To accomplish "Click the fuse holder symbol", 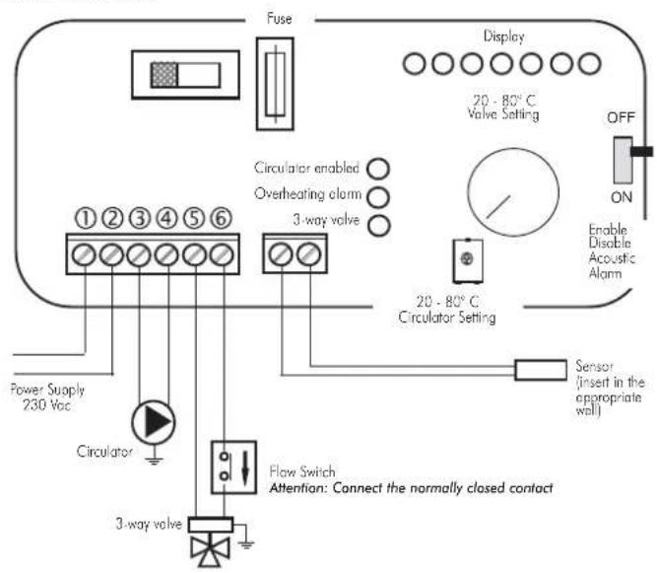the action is (275, 84).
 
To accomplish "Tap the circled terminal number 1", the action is (86, 219).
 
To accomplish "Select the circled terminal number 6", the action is (221, 218).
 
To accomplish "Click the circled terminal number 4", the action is (166, 219).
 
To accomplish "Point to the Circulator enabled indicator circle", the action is (378, 169).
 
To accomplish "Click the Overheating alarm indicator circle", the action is (378, 196).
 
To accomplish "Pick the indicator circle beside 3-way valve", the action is (379, 225).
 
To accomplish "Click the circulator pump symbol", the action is (154, 422).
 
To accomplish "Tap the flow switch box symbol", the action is (233, 466).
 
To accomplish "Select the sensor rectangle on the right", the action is (541, 370).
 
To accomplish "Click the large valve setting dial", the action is (513, 192).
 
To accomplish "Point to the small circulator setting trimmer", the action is (468, 260).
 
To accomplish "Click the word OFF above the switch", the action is (621, 117).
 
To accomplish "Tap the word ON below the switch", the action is (622, 197).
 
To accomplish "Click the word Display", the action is (503, 36).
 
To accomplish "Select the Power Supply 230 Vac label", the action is (47, 396).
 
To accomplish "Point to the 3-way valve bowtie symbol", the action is (210, 550).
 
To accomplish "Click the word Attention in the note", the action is (296, 488).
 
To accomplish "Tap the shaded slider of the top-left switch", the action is (164, 75).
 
